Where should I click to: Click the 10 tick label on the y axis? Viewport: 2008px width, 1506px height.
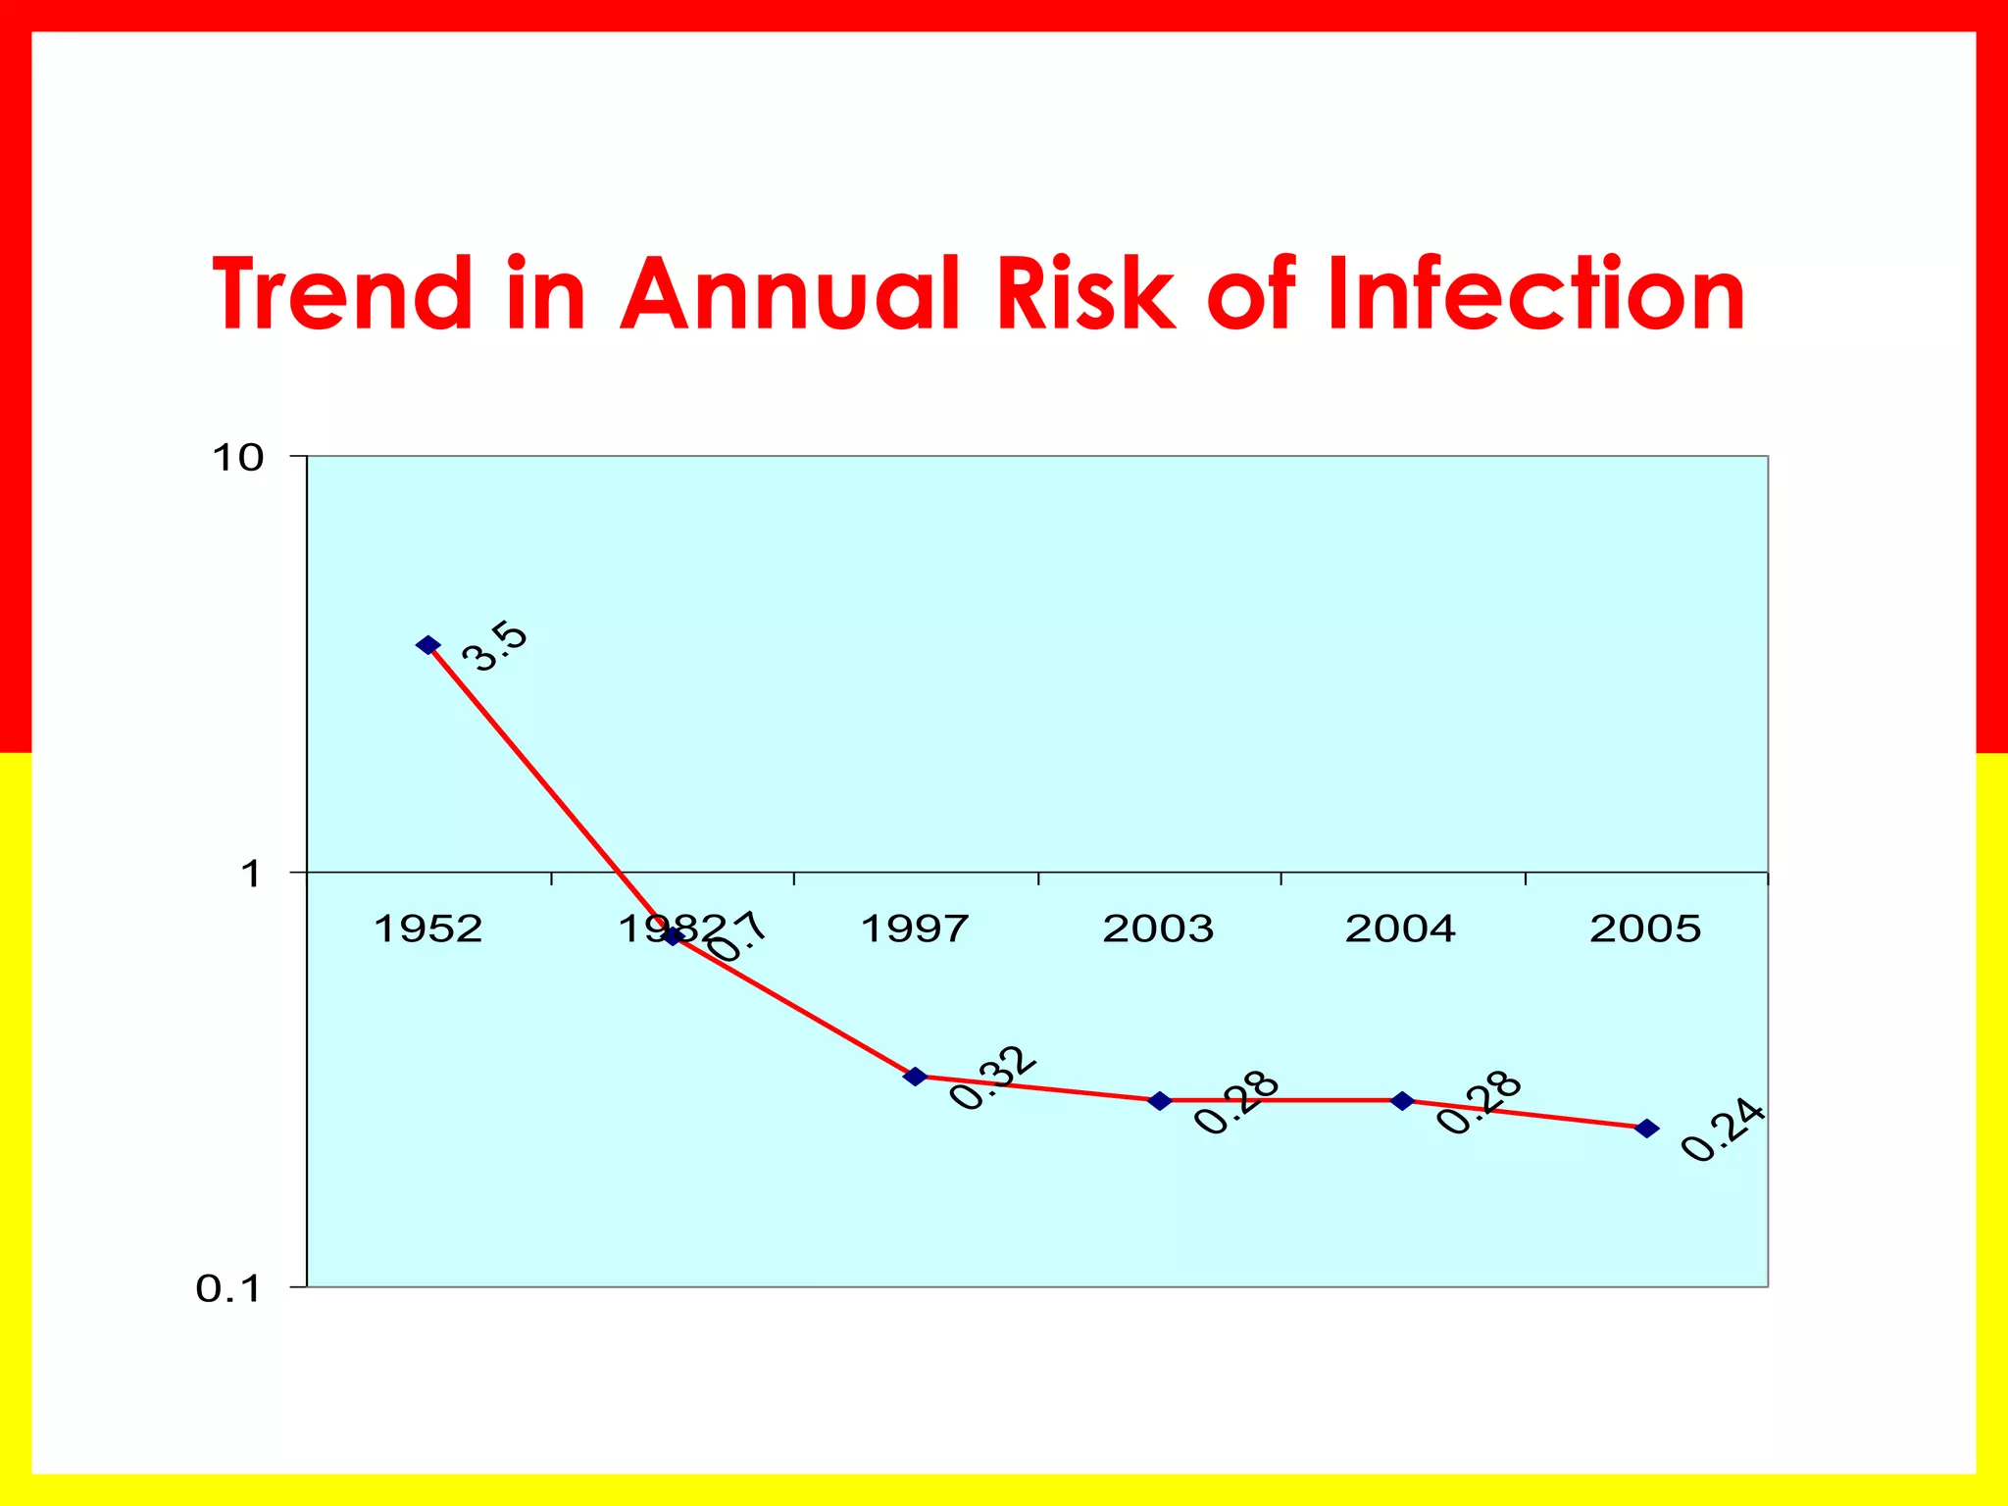[x=238, y=457]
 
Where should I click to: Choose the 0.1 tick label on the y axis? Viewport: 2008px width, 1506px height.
[x=228, y=1288]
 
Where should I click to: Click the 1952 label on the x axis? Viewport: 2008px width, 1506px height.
[x=428, y=928]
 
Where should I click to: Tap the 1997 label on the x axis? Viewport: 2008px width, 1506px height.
[x=914, y=928]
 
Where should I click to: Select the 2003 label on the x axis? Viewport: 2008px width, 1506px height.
[x=1158, y=928]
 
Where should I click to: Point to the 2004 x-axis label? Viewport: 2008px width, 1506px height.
[x=1400, y=928]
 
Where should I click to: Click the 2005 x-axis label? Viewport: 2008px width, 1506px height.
[x=1645, y=928]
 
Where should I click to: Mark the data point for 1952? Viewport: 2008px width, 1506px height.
[x=427, y=644]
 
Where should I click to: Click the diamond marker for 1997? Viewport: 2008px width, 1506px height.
[x=915, y=1077]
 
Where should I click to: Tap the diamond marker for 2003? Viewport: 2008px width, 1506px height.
[x=1159, y=1101]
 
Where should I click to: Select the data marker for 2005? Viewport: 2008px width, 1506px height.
[x=1647, y=1129]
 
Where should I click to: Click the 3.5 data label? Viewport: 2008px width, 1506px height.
[x=495, y=646]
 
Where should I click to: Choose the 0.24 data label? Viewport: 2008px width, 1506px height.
[x=1723, y=1131]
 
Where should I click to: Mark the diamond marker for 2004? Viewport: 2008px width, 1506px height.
[x=1403, y=1101]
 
